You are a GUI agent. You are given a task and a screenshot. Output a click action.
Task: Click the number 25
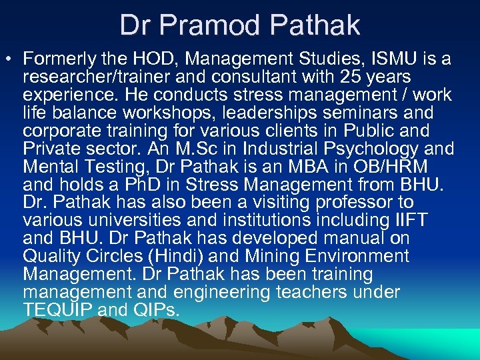355,77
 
